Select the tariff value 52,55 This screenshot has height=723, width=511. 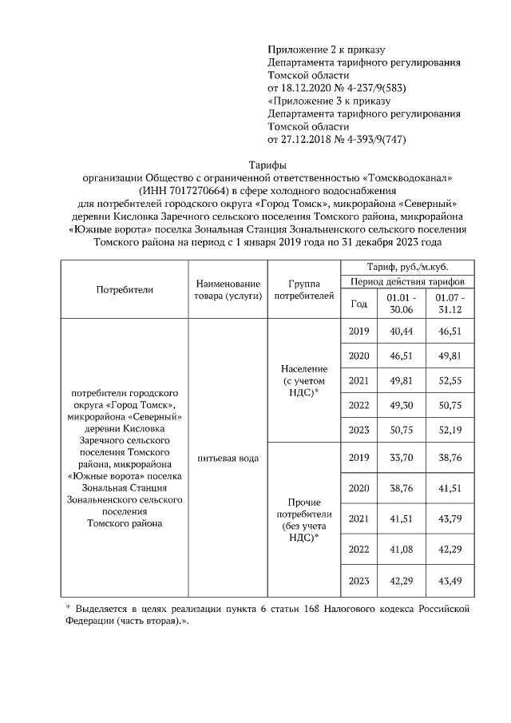450,381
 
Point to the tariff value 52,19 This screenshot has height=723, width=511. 450,431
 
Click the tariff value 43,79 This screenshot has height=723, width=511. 450,519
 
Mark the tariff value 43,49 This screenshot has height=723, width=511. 450,581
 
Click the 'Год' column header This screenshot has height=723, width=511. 359,304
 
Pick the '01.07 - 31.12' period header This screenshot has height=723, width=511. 450,304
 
